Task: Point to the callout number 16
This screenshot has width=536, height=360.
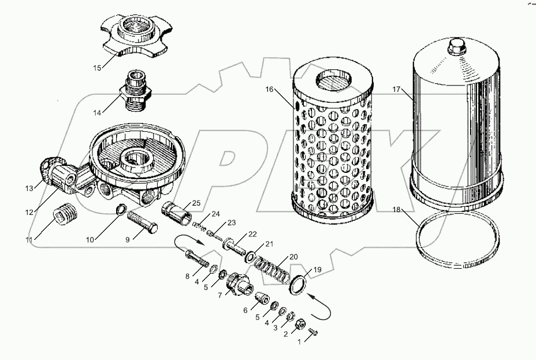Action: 270,90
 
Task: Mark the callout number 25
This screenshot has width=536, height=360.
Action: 197,203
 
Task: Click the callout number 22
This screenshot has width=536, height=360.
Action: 252,233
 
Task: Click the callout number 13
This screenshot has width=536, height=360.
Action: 29,188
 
